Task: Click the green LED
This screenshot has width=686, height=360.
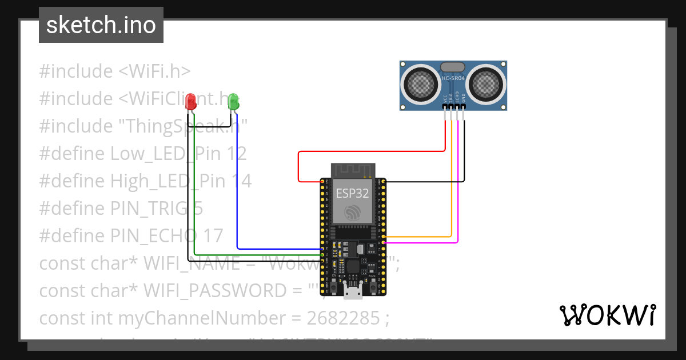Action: [x=233, y=102]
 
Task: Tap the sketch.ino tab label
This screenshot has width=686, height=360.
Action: [x=101, y=25]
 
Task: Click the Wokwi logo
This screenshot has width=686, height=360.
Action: [x=607, y=315]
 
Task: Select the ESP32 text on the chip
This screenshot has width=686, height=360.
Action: [x=352, y=193]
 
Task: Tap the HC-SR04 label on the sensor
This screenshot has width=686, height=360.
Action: [x=453, y=77]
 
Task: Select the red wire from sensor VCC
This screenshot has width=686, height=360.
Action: [x=372, y=151]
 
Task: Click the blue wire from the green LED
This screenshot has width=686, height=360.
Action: [x=237, y=189]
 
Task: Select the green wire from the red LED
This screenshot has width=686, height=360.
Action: [x=195, y=194]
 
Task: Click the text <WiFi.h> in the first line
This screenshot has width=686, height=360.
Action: [x=154, y=71]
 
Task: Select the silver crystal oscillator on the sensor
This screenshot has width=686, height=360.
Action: [x=453, y=67]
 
